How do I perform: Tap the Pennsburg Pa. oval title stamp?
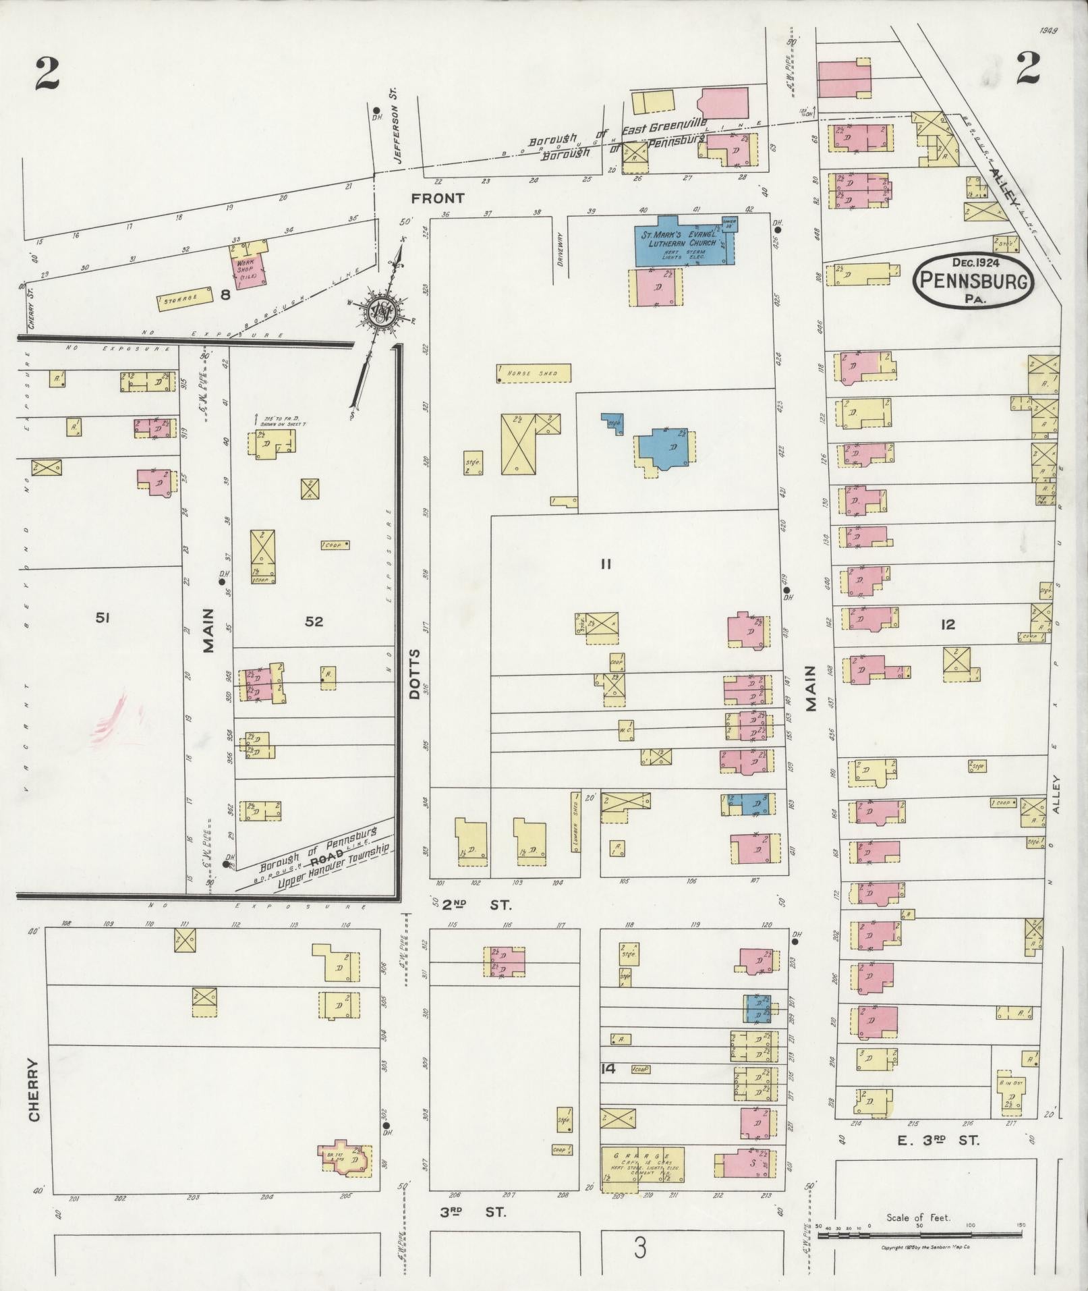click(x=973, y=279)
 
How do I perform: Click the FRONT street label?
click(x=438, y=198)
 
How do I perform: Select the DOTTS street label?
click(x=413, y=675)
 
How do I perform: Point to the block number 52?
click(x=314, y=621)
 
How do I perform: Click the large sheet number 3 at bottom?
click(x=639, y=1248)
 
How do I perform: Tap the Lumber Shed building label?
click(x=575, y=822)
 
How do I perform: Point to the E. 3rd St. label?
click(x=942, y=1141)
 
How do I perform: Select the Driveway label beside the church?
click(x=559, y=250)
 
